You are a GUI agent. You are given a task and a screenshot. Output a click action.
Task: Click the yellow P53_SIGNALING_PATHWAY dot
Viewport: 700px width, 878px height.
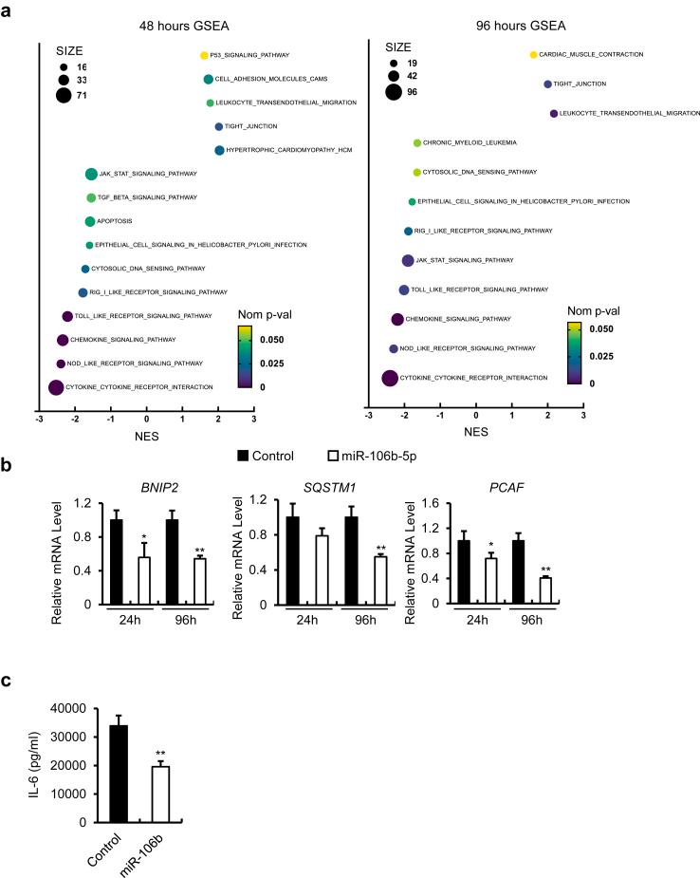click(204, 56)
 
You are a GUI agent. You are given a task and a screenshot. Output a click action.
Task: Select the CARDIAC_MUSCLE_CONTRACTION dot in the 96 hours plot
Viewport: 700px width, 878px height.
click(533, 55)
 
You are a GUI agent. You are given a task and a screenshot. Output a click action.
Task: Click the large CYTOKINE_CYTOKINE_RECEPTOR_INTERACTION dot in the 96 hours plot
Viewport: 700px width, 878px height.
click(390, 379)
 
